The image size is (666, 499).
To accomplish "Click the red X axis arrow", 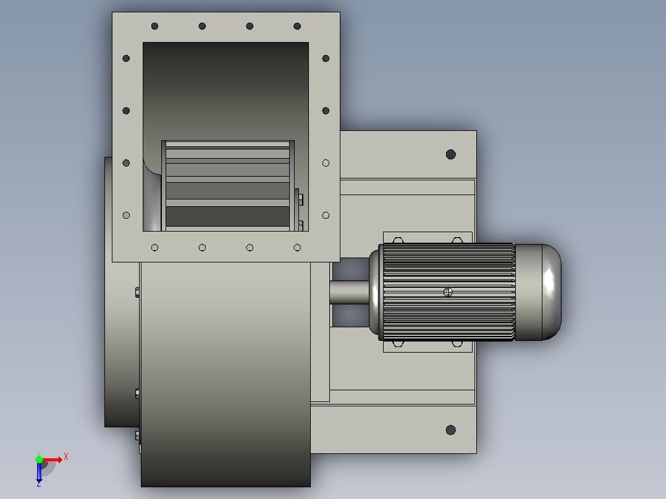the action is [53, 459].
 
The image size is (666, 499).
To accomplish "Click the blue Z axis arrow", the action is [39, 472].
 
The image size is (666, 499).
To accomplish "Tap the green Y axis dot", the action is [39, 459].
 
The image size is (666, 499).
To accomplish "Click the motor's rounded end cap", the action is [538, 292].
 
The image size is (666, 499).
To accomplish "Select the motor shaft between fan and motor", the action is [350, 292].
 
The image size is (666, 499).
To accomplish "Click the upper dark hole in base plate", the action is [450, 154].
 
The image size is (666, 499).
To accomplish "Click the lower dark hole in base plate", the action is [450, 430].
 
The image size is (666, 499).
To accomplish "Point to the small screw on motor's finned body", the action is [448, 292].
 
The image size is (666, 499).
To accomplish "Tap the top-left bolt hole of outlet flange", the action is [154, 27].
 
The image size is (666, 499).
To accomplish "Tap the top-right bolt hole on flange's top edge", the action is [297, 27].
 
